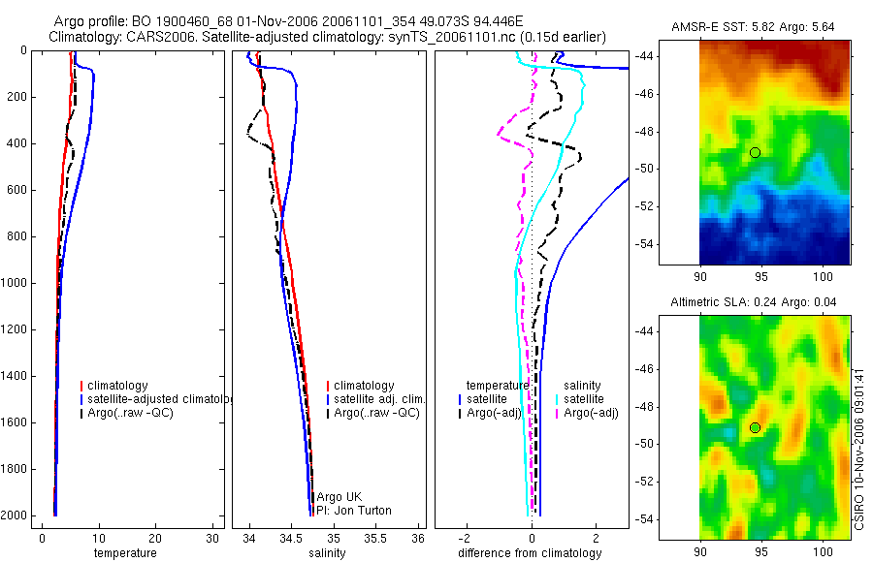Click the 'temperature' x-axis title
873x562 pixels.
[x=124, y=553]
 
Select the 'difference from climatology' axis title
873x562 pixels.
[x=530, y=553]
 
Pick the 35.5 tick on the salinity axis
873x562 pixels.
[x=376, y=539]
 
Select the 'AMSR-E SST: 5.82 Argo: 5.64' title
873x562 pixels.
[x=753, y=27]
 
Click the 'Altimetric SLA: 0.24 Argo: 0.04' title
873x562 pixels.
[x=752, y=303]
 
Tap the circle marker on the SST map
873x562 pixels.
[x=755, y=152]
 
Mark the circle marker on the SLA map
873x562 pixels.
[x=755, y=427]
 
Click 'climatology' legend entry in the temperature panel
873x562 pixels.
[x=117, y=386]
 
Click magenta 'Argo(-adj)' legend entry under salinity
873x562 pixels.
[x=591, y=413]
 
